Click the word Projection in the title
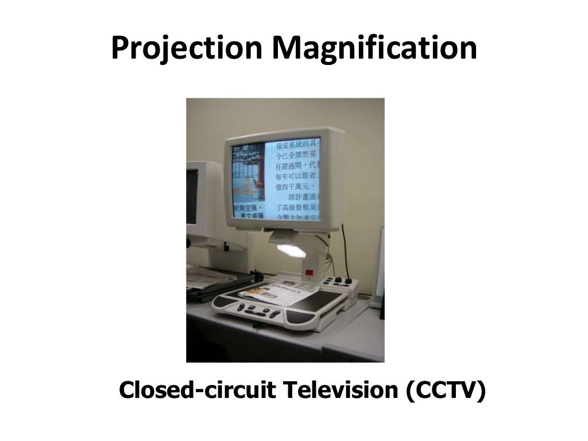point(187,49)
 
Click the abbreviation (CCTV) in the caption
point(446,390)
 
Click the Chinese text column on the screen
point(296,178)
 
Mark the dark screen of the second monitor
point(191,196)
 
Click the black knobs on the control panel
point(343,281)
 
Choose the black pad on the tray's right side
point(324,299)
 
